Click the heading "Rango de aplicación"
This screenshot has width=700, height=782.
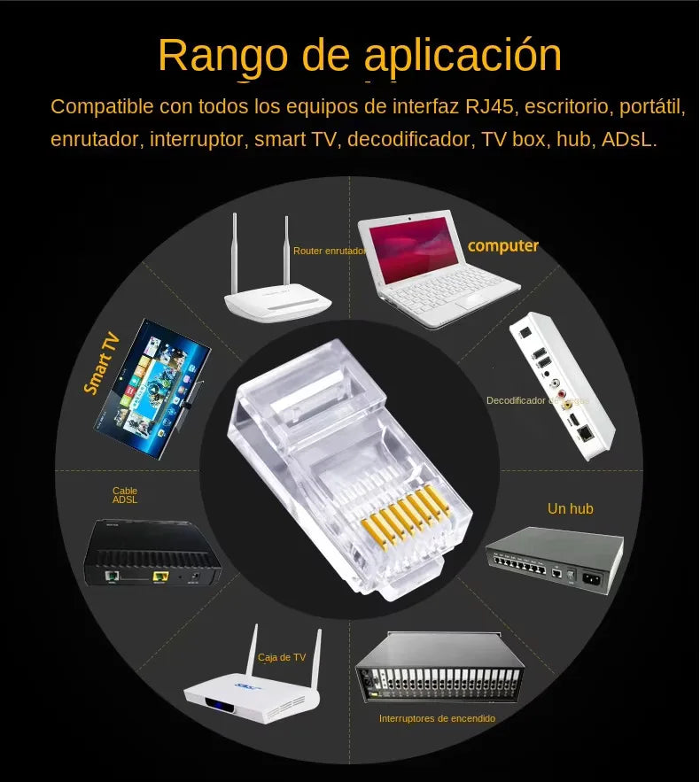[x=360, y=55]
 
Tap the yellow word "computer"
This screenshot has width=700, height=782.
[x=502, y=246]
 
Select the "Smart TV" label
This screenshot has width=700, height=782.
[x=101, y=362]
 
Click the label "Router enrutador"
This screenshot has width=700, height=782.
[x=329, y=252]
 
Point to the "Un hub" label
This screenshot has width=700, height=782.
[x=570, y=508]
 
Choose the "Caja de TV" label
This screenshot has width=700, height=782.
[x=281, y=657]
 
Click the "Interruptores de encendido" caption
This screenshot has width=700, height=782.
[x=437, y=718]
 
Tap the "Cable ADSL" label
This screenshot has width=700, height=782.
[x=125, y=495]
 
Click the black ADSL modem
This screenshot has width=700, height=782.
[x=152, y=554]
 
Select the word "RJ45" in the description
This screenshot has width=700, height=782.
[x=491, y=107]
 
